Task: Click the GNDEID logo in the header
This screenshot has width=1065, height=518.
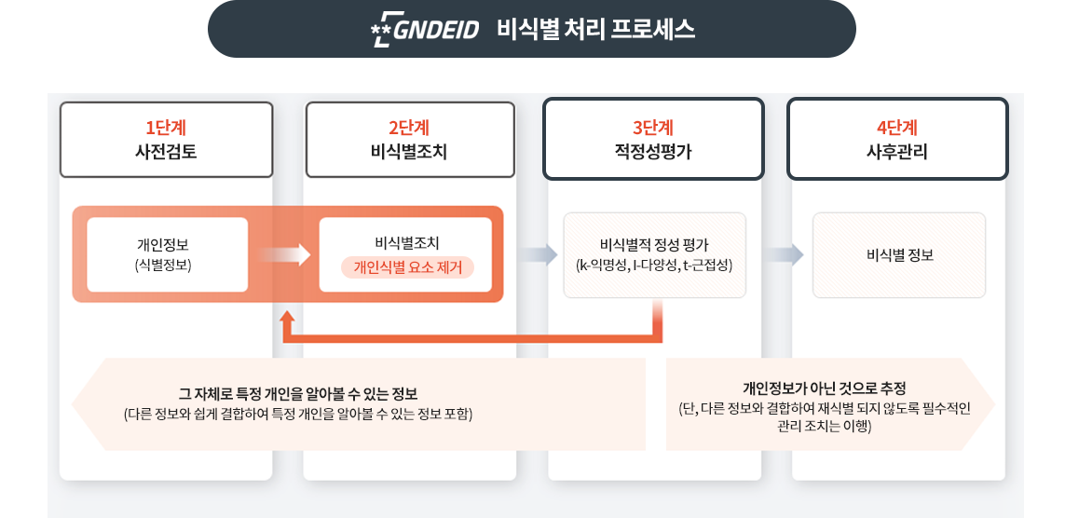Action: coord(424,30)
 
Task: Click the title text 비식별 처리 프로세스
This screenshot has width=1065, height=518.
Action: coord(595,30)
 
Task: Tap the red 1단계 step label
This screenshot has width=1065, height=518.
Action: coord(166,128)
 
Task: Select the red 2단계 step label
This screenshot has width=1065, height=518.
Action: coord(409,128)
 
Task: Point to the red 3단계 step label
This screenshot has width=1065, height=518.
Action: coord(653,128)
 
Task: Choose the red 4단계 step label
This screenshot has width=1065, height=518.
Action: coord(897,128)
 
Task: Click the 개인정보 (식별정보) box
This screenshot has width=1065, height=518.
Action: coord(168,254)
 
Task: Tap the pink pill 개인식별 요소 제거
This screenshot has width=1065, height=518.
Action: coord(407,267)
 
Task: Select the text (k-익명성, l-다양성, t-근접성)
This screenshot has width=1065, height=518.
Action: coord(655,266)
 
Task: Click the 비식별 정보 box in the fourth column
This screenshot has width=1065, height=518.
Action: coord(899,254)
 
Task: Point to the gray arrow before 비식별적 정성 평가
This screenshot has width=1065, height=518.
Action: coord(534,254)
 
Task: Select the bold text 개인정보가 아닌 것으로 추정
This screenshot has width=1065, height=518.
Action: coord(824,388)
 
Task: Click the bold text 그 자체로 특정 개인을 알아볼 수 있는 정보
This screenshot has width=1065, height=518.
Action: coord(298,393)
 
